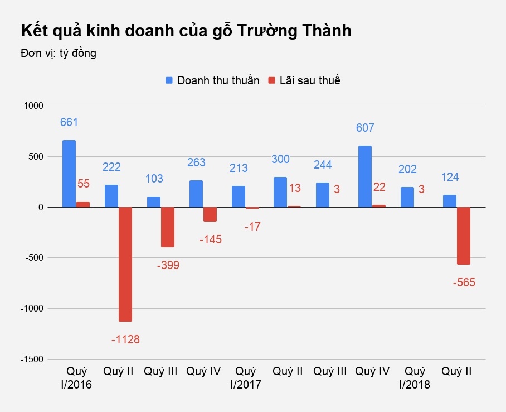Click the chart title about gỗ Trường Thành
tap(186, 31)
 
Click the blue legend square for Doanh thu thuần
tap(169, 80)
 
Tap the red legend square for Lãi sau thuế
tap(272, 80)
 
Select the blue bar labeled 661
tap(69, 174)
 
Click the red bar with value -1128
tap(125, 264)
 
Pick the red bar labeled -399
tap(168, 227)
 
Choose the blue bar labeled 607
tap(365, 176)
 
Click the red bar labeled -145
tap(210, 214)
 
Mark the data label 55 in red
tap(83, 184)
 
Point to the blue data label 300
tap(280, 159)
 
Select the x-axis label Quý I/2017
tap(246, 378)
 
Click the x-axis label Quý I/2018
tap(415, 378)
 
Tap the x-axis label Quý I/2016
tap(76, 378)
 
